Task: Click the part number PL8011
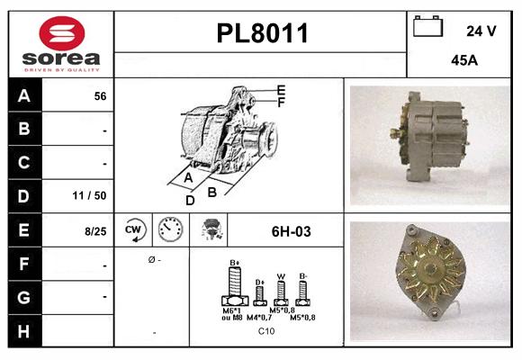click(262, 34)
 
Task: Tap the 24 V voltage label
click(481, 31)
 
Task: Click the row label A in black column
click(23, 96)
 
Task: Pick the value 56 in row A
click(100, 96)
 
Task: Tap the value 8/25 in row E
click(95, 231)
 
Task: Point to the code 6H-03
click(291, 231)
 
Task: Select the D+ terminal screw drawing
click(260, 293)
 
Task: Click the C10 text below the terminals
click(266, 331)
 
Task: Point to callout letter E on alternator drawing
click(282, 89)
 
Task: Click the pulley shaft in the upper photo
click(396, 133)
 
